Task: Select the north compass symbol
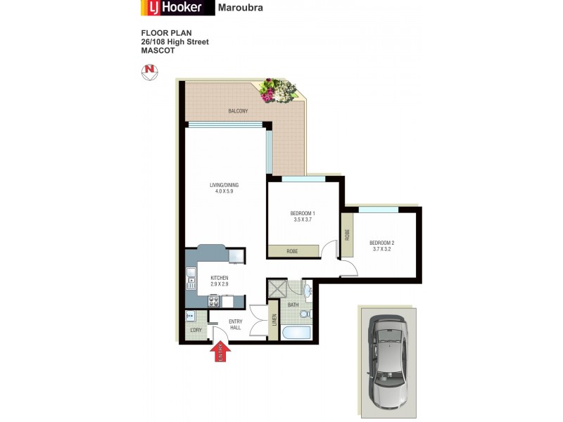(149, 70)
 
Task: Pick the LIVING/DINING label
(224, 185)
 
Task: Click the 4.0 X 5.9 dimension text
(224, 191)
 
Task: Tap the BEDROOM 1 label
(303, 213)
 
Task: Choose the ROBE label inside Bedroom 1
(291, 250)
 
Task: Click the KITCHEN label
(220, 278)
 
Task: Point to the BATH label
(293, 305)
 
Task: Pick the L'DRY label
(196, 331)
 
